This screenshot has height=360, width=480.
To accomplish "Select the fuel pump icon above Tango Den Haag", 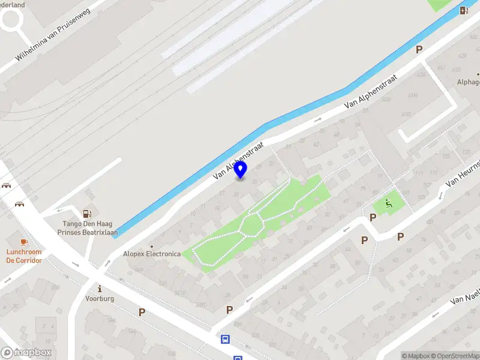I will click(x=88, y=213).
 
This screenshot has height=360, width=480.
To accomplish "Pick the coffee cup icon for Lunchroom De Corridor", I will click(x=24, y=241).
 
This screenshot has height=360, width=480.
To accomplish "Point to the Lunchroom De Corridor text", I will click(x=24, y=256).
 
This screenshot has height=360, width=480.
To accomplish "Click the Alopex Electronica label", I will click(x=152, y=253).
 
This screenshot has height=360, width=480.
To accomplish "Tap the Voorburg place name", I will click(x=100, y=298).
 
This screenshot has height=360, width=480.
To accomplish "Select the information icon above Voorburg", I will click(x=100, y=288).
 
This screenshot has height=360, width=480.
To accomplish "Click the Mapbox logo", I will click(x=27, y=353).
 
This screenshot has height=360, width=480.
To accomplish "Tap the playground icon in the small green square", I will click(x=388, y=204).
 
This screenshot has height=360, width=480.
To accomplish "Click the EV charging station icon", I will click(x=464, y=10).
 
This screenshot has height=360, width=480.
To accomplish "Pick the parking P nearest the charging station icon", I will click(x=419, y=50).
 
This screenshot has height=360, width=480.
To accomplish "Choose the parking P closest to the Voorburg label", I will click(x=142, y=312).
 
